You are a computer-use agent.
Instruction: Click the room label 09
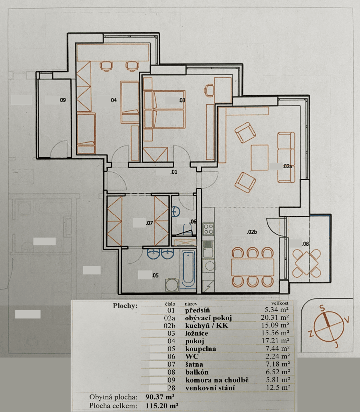coord(63,100)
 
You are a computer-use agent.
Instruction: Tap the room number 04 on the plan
coord(114,100)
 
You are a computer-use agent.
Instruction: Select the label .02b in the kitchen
coord(252,232)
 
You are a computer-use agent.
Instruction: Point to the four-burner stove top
coord(208,229)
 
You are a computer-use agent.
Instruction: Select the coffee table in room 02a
coord(259,157)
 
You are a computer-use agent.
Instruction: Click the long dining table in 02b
coord(253,267)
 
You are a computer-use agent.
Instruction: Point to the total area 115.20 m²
coord(162,405)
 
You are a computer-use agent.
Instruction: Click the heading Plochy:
coord(125,306)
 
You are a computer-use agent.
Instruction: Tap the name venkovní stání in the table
coord(210,388)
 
